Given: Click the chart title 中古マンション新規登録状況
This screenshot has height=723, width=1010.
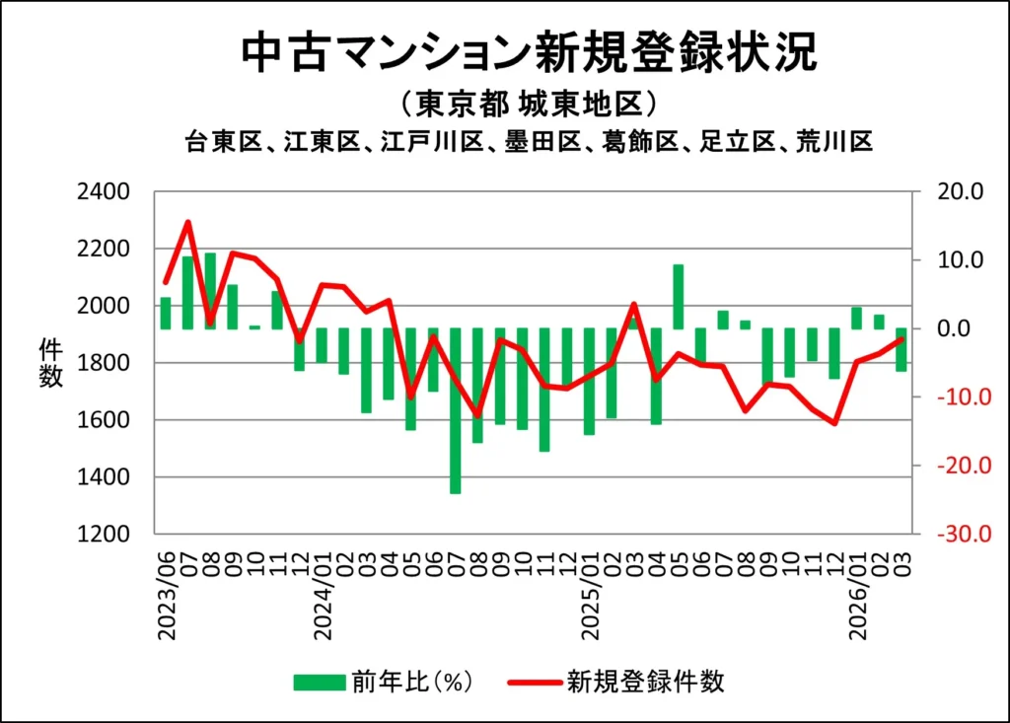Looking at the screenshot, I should (530, 53).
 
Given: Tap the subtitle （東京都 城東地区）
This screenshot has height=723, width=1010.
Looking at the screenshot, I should (530, 105).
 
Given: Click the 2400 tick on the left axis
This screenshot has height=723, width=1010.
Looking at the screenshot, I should (115, 191).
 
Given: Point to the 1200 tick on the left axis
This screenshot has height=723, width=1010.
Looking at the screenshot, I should (115, 535).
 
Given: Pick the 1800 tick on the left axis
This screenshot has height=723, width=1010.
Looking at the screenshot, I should (115, 363).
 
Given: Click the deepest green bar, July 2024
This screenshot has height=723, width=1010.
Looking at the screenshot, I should (456, 410).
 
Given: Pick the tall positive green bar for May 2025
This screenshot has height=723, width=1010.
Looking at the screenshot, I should (679, 296).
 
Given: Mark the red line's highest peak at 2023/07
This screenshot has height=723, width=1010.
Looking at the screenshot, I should (188, 222).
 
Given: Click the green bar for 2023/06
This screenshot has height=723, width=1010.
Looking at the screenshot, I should (166, 313).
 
